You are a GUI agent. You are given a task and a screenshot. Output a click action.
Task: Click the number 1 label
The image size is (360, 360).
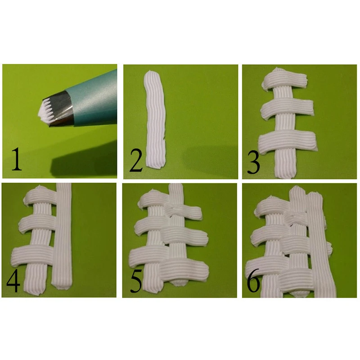click(x=16, y=160)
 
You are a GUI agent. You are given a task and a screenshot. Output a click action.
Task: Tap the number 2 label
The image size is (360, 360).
click(x=136, y=161)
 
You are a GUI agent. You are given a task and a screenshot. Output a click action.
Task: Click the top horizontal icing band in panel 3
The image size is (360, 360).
click(x=285, y=81)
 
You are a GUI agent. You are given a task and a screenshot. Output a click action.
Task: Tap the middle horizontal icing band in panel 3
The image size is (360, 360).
click(x=287, y=108)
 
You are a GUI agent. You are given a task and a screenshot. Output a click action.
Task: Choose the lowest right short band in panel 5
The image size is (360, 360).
click(x=184, y=269)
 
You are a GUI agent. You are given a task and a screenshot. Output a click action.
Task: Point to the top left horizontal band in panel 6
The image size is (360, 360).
click(x=271, y=207)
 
